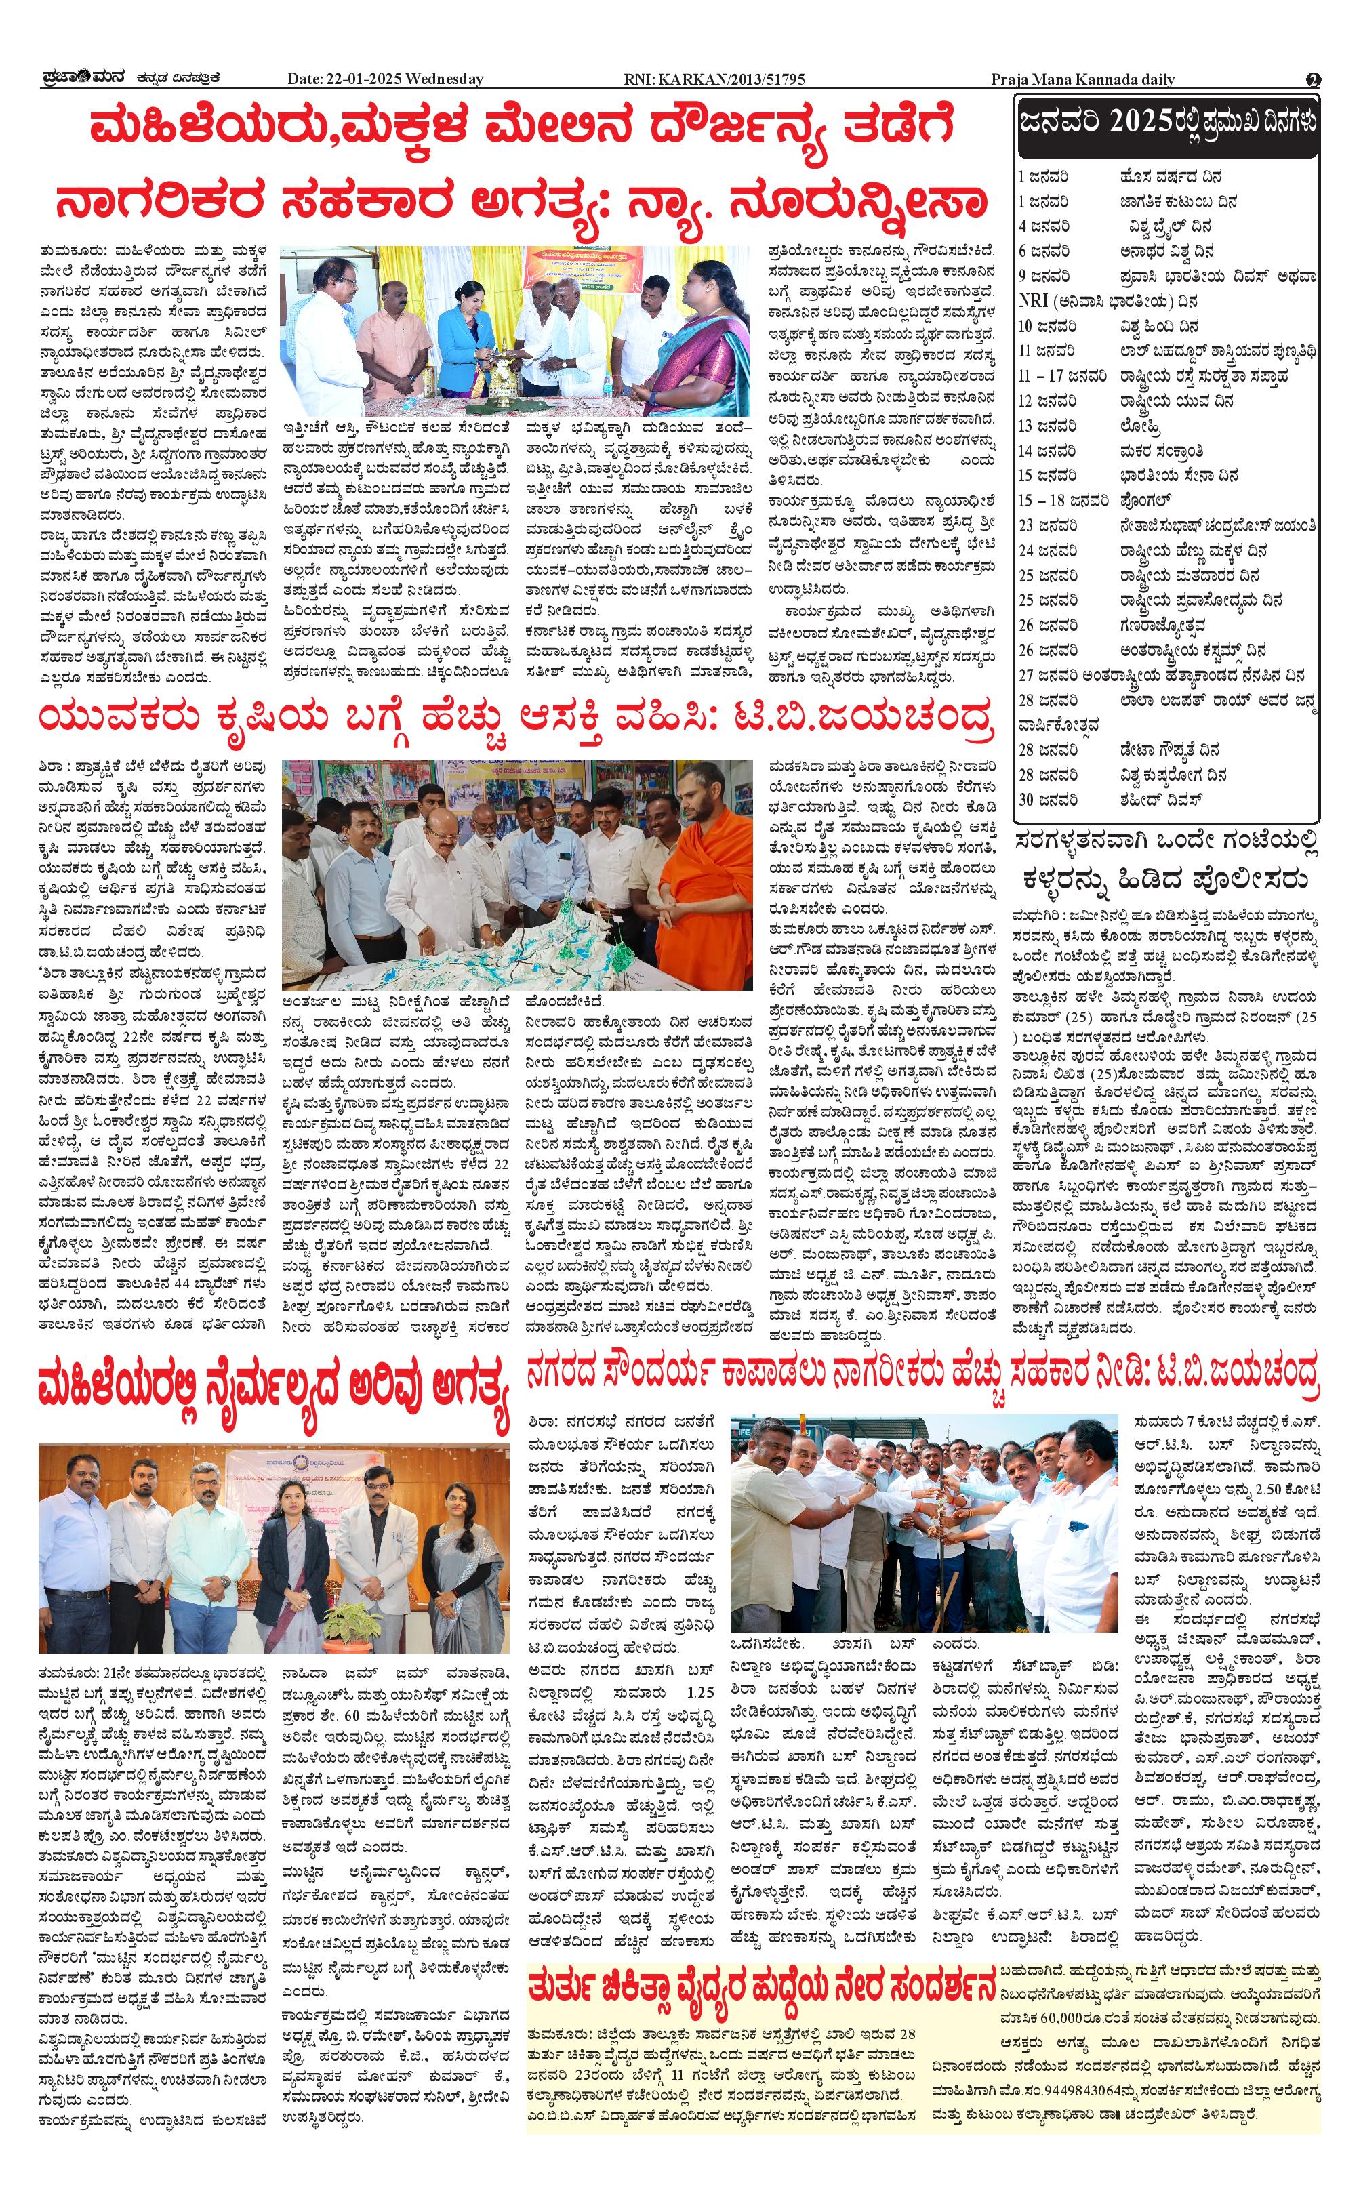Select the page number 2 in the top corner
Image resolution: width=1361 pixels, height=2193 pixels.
click(1314, 79)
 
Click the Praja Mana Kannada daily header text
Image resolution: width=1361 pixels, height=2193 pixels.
click(1083, 79)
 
